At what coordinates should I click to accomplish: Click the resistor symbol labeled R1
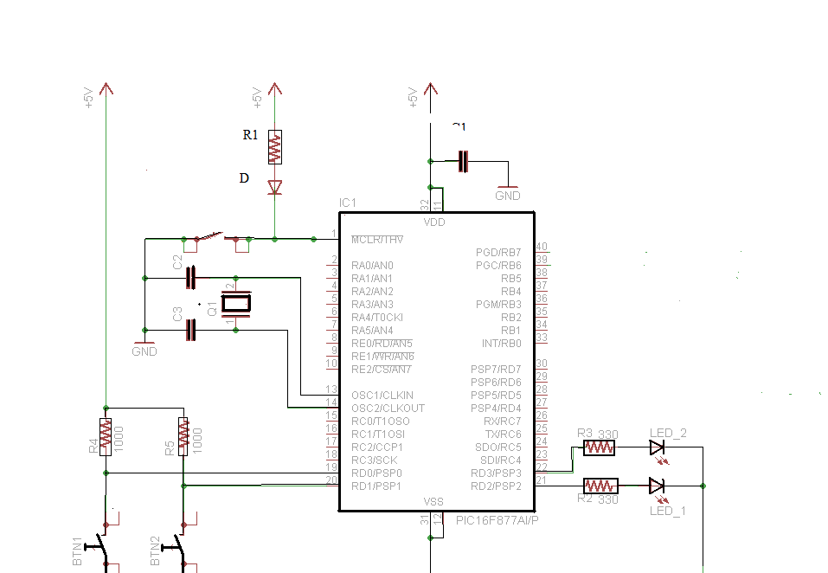coord(274,147)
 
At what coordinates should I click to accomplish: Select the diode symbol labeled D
coord(274,187)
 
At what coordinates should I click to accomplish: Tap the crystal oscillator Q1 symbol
coord(235,303)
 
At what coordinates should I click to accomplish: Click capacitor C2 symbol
coord(192,278)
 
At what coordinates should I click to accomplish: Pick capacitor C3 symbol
coord(192,330)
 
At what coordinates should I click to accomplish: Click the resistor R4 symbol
coord(106,436)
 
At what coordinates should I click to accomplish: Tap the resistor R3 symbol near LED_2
coord(599,447)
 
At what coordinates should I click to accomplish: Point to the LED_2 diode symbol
coord(657,447)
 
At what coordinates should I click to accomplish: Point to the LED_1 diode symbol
coord(657,486)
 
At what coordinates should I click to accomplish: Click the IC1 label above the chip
coord(348,203)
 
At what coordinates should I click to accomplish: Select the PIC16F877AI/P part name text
coord(497,521)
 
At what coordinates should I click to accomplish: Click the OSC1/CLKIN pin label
coord(382,395)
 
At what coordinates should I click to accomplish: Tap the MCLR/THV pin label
coord(378,239)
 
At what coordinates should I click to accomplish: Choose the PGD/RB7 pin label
coord(498,252)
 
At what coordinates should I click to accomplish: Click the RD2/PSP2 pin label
coord(496,486)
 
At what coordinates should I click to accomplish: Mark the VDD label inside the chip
coord(433,222)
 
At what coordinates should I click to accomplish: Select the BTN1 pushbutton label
coord(77,551)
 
